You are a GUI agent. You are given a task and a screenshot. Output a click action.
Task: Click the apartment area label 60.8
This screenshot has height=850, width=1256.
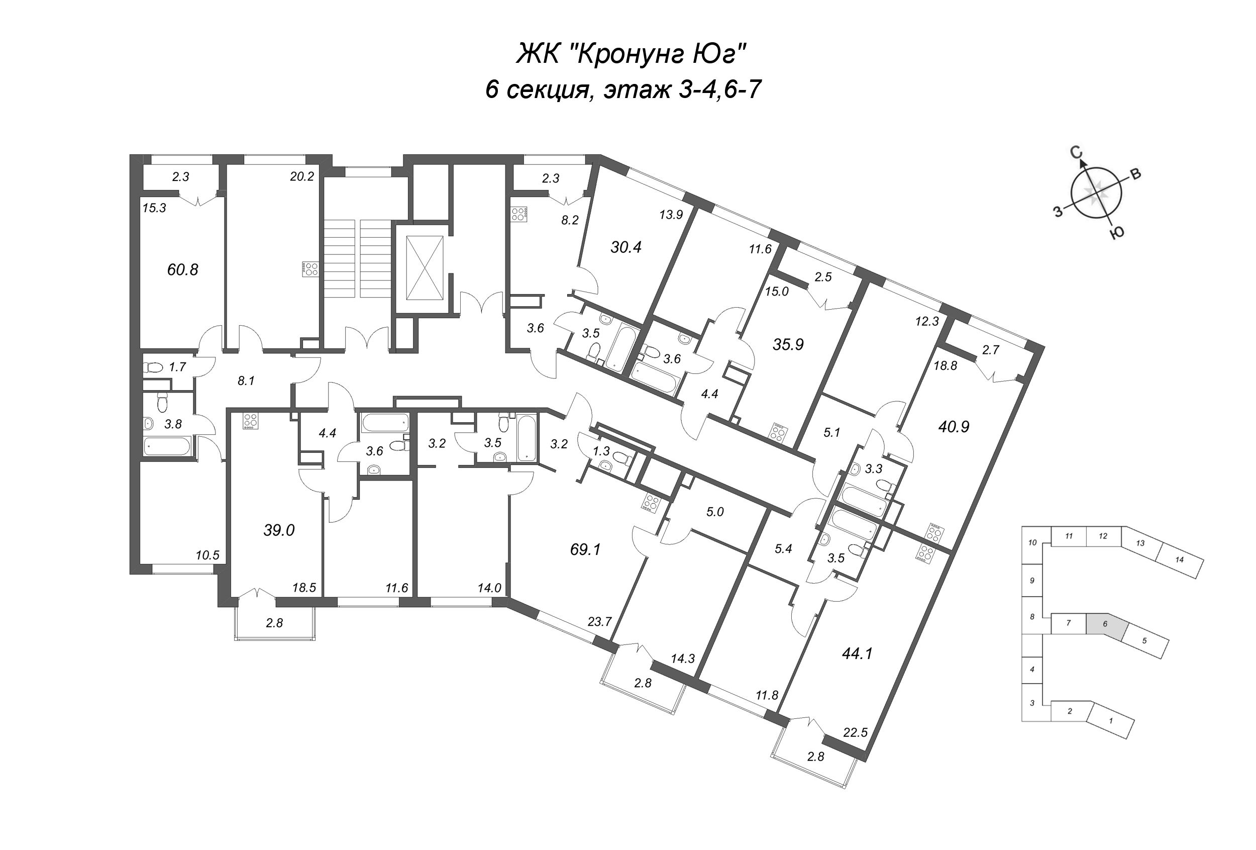[x=183, y=269]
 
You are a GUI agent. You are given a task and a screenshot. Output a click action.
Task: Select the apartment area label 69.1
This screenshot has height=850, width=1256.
[x=585, y=550]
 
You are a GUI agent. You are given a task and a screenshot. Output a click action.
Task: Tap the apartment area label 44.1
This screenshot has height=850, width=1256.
[x=857, y=654]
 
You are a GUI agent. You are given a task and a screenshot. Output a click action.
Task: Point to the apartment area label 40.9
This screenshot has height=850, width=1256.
[x=954, y=427]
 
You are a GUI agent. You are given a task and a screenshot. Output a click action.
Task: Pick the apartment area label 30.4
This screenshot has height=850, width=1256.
[x=626, y=248]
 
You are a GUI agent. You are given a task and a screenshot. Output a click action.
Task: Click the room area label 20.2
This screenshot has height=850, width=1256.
[x=301, y=177]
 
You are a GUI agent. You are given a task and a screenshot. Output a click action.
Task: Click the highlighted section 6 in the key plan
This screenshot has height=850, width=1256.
[x=1105, y=623]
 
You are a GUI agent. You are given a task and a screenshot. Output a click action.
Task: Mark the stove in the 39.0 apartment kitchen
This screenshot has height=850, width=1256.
[x=250, y=421]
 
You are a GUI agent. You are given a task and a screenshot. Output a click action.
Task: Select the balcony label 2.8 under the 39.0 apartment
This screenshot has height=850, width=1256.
[x=274, y=623]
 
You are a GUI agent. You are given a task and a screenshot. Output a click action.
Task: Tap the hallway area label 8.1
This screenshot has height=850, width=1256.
[x=246, y=381]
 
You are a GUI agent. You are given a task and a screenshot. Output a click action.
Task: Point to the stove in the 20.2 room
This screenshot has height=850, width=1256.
[x=311, y=269]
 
